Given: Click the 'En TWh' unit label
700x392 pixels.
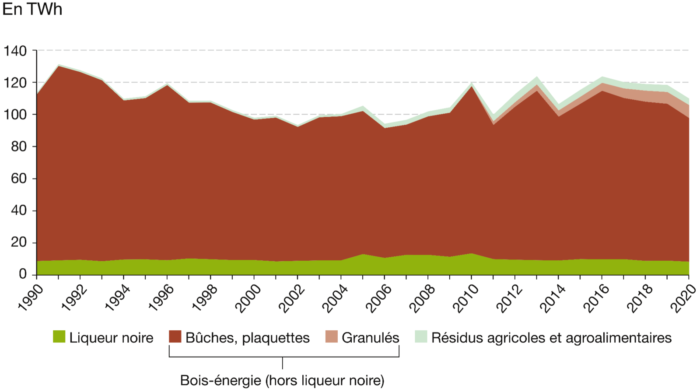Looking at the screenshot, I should pyautogui.click(x=32, y=10).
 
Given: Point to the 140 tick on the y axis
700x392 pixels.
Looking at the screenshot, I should pyautogui.click(x=15, y=51).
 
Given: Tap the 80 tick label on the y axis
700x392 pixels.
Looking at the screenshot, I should pyautogui.click(x=18, y=147).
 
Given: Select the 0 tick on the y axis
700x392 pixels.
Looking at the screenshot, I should pyautogui.click(x=22, y=275).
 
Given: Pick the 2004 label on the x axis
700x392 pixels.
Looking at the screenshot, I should pyautogui.click(x=336, y=298).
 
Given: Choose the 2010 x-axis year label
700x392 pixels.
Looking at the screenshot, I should pyautogui.click(x=466, y=298).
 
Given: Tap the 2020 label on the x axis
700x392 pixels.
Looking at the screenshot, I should pyautogui.click(x=683, y=298).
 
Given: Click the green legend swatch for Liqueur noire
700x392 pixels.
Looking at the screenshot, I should pyautogui.click(x=59, y=337).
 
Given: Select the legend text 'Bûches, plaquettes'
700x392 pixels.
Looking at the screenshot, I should pyautogui.click(x=247, y=338).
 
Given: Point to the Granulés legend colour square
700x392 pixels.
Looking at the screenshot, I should pyautogui.click(x=332, y=337).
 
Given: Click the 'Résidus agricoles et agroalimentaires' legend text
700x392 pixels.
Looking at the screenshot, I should pyautogui.click(x=551, y=338).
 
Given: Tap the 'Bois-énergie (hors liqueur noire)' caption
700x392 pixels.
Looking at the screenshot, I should pyautogui.click(x=282, y=381).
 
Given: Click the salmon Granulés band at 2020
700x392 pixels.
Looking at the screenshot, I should pyautogui.click(x=687, y=112).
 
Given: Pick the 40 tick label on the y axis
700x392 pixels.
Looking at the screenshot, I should pyautogui.click(x=18, y=211).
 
